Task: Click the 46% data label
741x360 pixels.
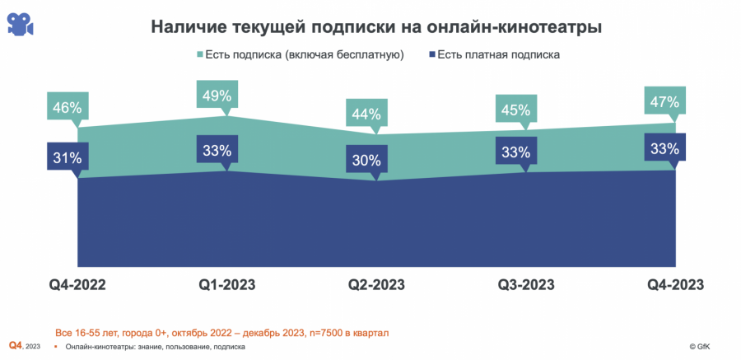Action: coord(67,107)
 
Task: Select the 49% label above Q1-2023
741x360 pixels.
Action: coord(216,96)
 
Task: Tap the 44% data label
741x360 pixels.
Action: coord(366,114)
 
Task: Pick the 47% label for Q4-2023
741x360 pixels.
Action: coord(664,103)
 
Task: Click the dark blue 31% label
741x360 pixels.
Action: coord(67,157)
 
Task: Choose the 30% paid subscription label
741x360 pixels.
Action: coord(366,160)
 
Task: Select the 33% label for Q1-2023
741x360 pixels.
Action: coord(216,150)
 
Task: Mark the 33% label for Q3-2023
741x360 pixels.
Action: coord(515,152)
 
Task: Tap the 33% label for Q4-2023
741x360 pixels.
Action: coord(664,149)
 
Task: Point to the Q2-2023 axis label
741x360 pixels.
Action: coord(377,285)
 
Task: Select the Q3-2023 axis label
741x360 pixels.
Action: coord(526,285)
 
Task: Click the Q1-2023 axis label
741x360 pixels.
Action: coord(227,285)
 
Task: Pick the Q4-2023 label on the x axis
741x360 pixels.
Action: coord(675,285)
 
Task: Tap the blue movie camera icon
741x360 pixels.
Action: coord(21,24)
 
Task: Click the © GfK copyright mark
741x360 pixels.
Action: coord(711,347)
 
